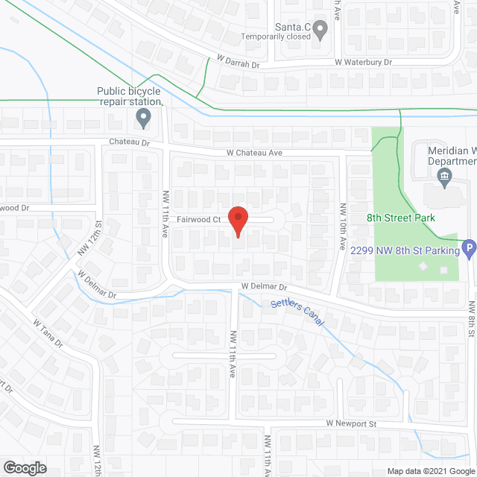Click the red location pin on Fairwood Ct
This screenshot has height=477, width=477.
[x=237, y=221]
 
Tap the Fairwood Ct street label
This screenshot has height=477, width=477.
[x=199, y=220]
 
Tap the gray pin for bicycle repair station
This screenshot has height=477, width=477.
[x=143, y=118]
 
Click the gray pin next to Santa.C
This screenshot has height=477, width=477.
[x=320, y=31]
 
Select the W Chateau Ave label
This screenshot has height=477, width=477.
[x=255, y=153]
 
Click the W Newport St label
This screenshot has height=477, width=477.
[x=353, y=423]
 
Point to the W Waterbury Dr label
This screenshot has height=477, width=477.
[x=363, y=63]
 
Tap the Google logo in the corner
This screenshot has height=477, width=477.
[x=24, y=468]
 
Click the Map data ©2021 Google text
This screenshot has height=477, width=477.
[x=429, y=471]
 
